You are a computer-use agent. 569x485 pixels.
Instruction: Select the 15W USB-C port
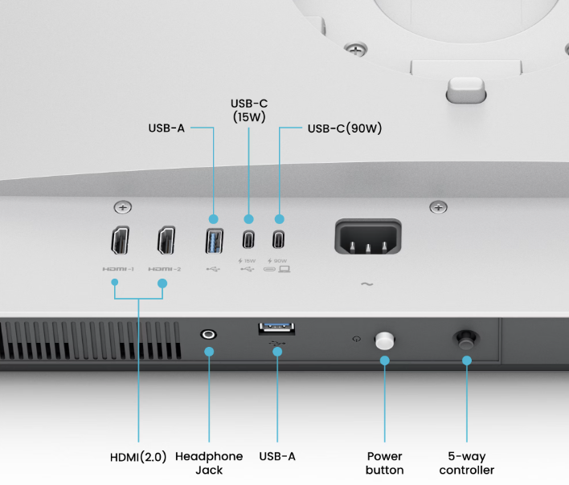[x=248, y=240]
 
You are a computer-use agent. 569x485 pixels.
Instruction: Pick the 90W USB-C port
[x=279, y=240]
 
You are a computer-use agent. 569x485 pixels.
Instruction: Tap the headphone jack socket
[x=209, y=333]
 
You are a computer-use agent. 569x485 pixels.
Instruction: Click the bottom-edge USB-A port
[x=276, y=328]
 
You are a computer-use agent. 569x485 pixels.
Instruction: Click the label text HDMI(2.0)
[x=138, y=457]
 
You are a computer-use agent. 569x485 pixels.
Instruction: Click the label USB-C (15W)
[x=248, y=110]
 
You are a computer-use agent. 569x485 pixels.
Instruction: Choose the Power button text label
[x=384, y=463]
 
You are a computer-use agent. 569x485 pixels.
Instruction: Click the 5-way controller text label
[x=467, y=463]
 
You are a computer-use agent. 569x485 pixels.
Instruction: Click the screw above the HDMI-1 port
[x=122, y=208]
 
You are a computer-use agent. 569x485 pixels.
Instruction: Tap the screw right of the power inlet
[x=439, y=208]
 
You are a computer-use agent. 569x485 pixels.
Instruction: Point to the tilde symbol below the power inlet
[x=367, y=284]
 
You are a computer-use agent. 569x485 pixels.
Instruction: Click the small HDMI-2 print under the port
[x=166, y=270]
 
